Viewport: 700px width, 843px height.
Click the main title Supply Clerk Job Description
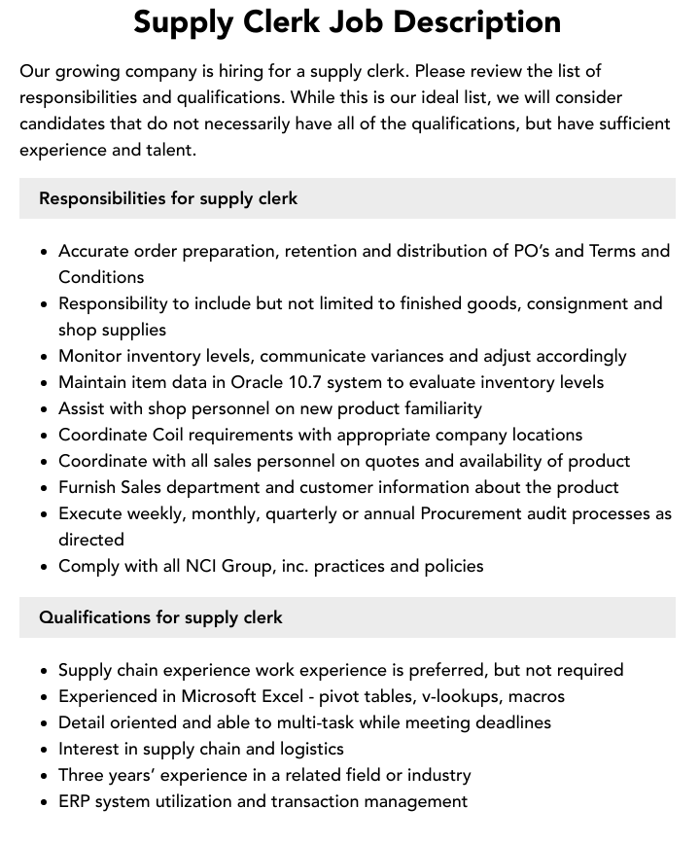347,22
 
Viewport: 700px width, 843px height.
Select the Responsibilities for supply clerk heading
168,198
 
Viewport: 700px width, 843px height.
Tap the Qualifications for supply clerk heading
160,617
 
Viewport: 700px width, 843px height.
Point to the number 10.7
311,382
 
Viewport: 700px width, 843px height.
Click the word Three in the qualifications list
84,775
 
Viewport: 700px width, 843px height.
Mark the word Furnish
88,487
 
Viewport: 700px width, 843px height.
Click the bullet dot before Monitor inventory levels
44,357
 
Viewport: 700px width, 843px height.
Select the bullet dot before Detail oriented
44,723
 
